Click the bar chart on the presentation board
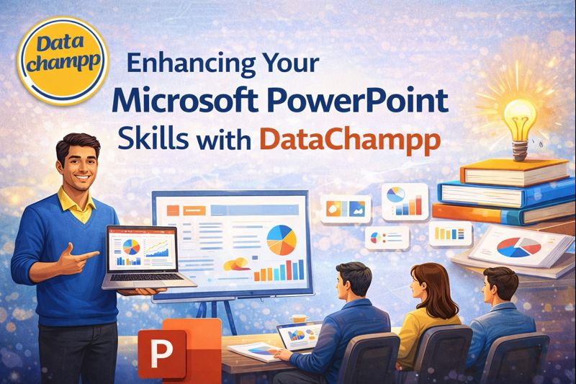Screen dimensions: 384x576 [280, 271]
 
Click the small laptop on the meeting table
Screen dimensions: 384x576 [303, 337]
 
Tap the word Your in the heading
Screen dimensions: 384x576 [296, 64]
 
